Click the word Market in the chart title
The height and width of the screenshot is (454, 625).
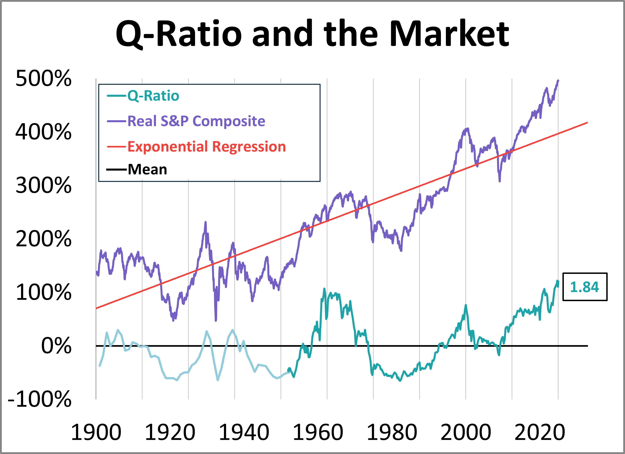(449, 34)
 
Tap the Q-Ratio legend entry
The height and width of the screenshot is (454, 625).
(153, 96)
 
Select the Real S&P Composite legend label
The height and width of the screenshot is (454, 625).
(196, 121)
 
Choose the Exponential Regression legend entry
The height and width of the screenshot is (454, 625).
(206, 146)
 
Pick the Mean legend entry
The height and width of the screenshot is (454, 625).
(147, 169)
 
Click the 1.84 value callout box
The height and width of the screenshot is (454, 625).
(585, 287)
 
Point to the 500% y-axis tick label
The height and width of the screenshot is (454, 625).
(44, 78)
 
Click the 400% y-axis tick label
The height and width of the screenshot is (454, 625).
(44, 132)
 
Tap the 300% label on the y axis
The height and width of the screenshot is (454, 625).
(44, 185)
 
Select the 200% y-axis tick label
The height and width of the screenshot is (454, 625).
(44, 239)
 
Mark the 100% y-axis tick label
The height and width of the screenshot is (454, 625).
(44, 292)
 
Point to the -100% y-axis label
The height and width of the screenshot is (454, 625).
(40, 399)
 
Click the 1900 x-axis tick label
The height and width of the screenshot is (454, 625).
(96, 433)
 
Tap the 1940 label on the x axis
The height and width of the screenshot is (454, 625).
(244, 433)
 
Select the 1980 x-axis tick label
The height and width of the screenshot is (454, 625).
(391, 433)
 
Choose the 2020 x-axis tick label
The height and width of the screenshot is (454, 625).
(540, 433)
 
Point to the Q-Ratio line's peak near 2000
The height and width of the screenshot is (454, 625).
(466, 305)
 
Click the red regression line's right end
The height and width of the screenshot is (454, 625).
(587, 123)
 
